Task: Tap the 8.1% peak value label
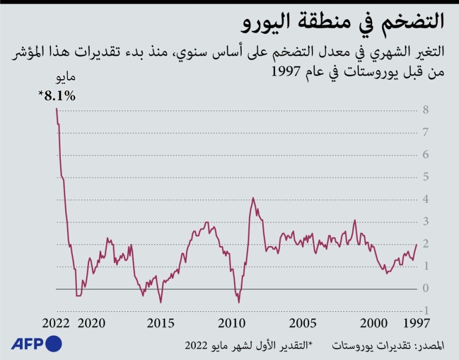57,95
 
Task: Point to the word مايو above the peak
64,78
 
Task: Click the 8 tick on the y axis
425,109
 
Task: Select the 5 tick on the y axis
425,177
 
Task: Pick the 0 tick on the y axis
425,288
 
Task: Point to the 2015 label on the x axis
161,324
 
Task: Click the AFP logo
31,344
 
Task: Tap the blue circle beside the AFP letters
53,344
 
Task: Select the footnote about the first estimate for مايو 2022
248,346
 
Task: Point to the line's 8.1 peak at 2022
56,108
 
